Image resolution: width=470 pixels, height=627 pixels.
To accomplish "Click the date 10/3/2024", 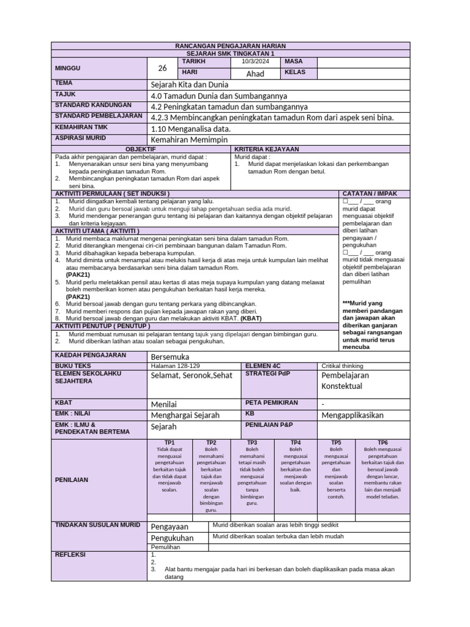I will click(255, 62).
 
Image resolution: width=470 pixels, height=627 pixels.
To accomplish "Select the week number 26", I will click(162, 68).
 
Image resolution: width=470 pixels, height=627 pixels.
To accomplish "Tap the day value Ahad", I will click(255, 73).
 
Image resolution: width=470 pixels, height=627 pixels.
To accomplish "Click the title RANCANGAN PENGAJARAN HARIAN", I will click(230, 47).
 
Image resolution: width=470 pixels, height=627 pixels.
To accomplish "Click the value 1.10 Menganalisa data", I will click(190, 129).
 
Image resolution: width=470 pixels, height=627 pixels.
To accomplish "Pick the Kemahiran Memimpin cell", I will click(185, 140).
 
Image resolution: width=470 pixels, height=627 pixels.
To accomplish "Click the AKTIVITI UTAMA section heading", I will click(97, 231).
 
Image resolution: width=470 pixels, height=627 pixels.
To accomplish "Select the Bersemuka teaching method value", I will click(170, 356).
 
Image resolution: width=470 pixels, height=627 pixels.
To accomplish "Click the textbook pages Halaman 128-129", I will click(174, 366).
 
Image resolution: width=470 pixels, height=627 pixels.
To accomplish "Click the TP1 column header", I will click(170, 442).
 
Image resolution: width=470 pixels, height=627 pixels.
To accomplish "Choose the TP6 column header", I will click(382, 442).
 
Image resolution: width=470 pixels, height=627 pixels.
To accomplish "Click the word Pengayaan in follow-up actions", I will click(170, 527).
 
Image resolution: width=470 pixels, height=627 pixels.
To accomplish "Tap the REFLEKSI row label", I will click(70, 555).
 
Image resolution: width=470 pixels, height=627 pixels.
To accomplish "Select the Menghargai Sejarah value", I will click(185, 415).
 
